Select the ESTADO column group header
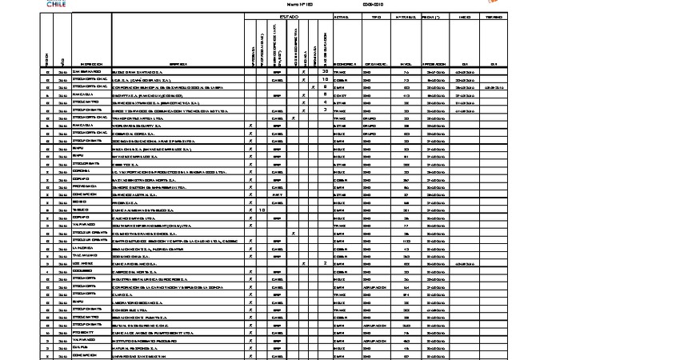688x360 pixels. click(289, 17)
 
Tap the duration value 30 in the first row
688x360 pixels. click(325, 72)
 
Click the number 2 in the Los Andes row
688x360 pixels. click(325, 262)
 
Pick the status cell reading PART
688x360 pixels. click(278, 194)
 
